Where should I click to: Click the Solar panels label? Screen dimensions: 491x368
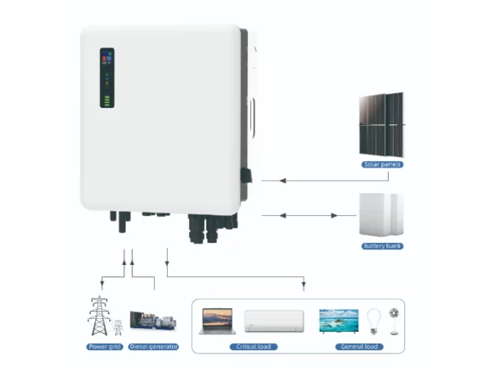click(382, 164)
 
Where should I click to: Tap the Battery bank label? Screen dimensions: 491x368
click(382, 246)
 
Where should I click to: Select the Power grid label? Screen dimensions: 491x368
click(105, 347)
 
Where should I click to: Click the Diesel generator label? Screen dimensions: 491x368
click(154, 347)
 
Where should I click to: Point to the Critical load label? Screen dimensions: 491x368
click(254, 347)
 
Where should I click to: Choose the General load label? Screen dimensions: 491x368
click(359, 347)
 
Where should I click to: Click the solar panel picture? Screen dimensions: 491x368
click(381, 124)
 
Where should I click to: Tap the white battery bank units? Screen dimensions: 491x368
click(381, 214)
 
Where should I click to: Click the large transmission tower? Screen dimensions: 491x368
click(99, 316)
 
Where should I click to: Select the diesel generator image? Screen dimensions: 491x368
click(153, 320)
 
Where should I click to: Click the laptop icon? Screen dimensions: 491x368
click(218, 321)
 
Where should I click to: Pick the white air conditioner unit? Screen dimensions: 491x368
click(274, 321)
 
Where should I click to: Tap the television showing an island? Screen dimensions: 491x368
click(339, 321)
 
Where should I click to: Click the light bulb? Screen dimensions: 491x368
click(374, 321)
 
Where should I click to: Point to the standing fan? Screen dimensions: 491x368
click(394, 321)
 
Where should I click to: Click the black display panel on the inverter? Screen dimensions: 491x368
click(107, 78)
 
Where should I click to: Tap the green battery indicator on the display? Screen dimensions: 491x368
click(107, 101)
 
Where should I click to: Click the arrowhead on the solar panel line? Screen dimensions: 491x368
click(283, 181)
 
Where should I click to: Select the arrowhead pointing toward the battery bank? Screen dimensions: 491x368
click(334, 216)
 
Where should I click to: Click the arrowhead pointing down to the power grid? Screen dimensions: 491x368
click(101, 284)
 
